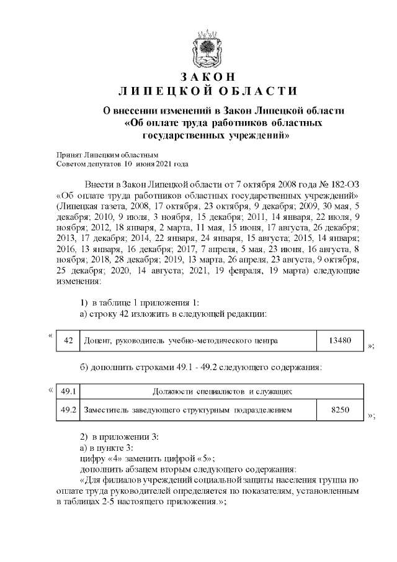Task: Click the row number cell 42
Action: click(x=69, y=340)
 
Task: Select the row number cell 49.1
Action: click(x=69, y=391)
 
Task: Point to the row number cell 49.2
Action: click(x=69, y=410)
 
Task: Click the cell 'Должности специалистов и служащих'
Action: click(x=222, y=391)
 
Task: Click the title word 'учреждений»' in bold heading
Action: click(x=259, y=134)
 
